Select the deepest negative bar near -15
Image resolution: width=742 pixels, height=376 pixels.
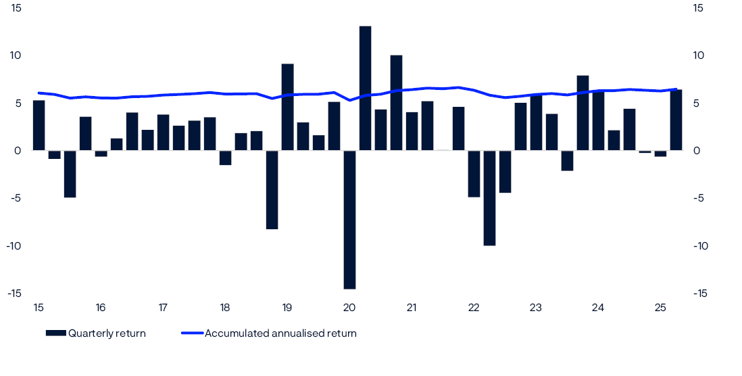[349, 219]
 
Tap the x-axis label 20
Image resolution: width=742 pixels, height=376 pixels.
[349, 308]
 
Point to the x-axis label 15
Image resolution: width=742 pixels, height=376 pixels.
[39, 308]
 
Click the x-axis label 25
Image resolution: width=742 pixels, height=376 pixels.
[660, 308]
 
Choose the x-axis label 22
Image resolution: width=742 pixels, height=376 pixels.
[474, 308]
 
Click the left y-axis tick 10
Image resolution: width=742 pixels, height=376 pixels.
[15, 55]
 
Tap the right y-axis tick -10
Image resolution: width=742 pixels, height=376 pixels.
[699, 245]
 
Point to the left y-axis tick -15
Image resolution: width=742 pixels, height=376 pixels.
[14, 293]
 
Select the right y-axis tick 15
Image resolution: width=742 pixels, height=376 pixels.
[698, 8]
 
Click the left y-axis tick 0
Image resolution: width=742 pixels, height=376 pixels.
[18, 151]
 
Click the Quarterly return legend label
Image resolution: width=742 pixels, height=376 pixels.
[107, 333]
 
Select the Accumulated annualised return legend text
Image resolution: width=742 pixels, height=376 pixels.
[280, 333]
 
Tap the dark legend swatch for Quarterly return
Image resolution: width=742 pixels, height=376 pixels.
[55, 333]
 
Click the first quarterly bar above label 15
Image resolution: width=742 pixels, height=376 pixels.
[39, 125]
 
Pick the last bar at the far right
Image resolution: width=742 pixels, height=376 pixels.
[676, 120]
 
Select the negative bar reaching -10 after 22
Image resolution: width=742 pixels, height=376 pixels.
[489, 197]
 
